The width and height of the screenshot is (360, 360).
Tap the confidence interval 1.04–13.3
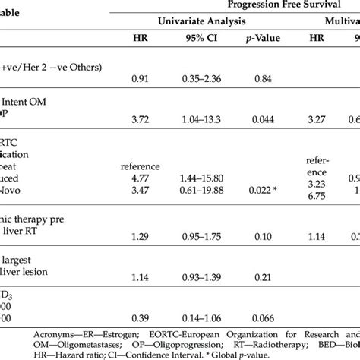[200, 119]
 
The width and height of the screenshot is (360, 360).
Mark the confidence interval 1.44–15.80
[200, 175]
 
